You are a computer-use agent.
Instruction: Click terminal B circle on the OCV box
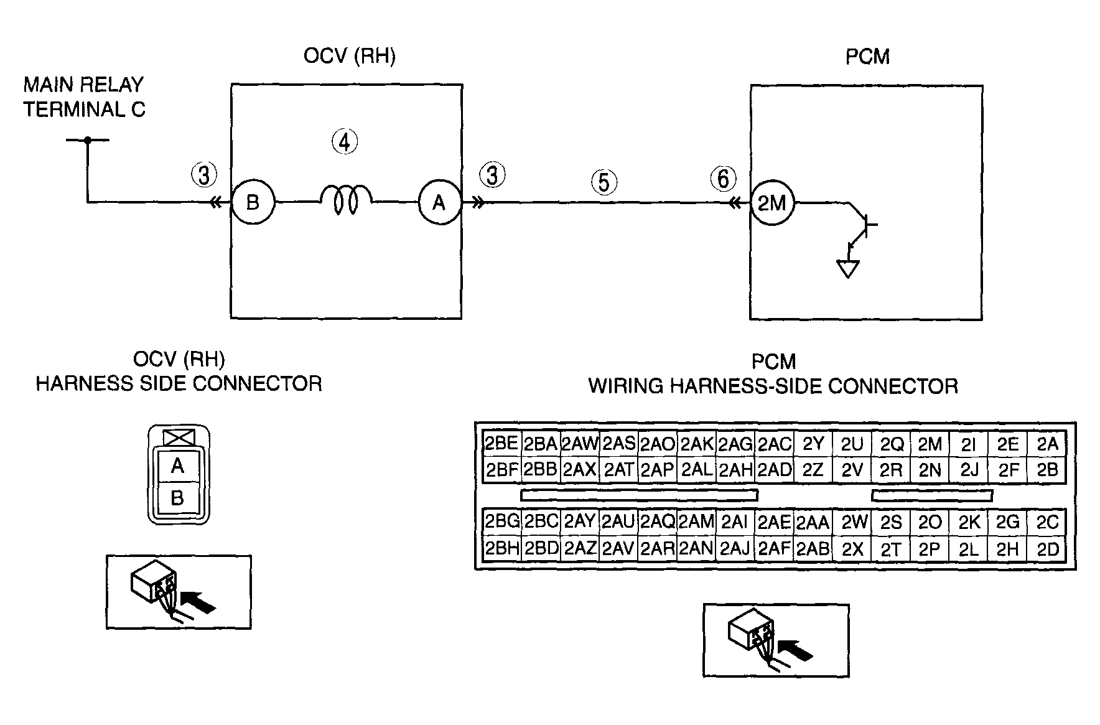tap(253, 202)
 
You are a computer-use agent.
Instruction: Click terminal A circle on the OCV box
tap(439, 202)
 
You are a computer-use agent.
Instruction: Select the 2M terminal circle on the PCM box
tap(772, 203)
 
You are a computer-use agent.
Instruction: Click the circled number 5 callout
tap(604, 182)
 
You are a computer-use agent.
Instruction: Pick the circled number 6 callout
tap(723, 179)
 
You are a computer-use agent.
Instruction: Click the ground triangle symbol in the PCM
tap(847, 268)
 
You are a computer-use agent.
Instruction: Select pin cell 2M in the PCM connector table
tap(930, 444)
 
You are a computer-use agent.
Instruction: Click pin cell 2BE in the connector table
tap(501, 444)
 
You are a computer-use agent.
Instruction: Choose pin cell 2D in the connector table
tap(1048, 549)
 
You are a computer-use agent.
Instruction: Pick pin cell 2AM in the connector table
tap(696, 522)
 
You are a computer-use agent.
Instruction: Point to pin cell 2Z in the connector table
tap(813, 470)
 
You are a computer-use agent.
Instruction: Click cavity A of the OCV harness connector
tap(178, 466)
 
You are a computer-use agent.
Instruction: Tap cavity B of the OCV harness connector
tap(178, 498)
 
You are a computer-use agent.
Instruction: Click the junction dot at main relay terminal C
tap(88, 140)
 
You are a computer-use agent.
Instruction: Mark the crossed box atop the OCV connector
tap(179, 437)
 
